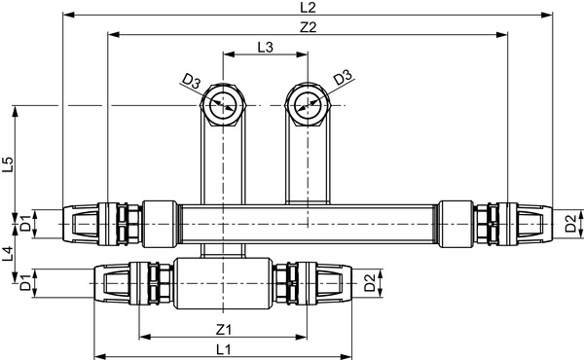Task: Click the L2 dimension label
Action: (x=307, y=8)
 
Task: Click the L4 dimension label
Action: (x=9, y=255)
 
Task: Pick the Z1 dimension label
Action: (x=223, y=329)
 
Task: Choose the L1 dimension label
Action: (x=223, y=348)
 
